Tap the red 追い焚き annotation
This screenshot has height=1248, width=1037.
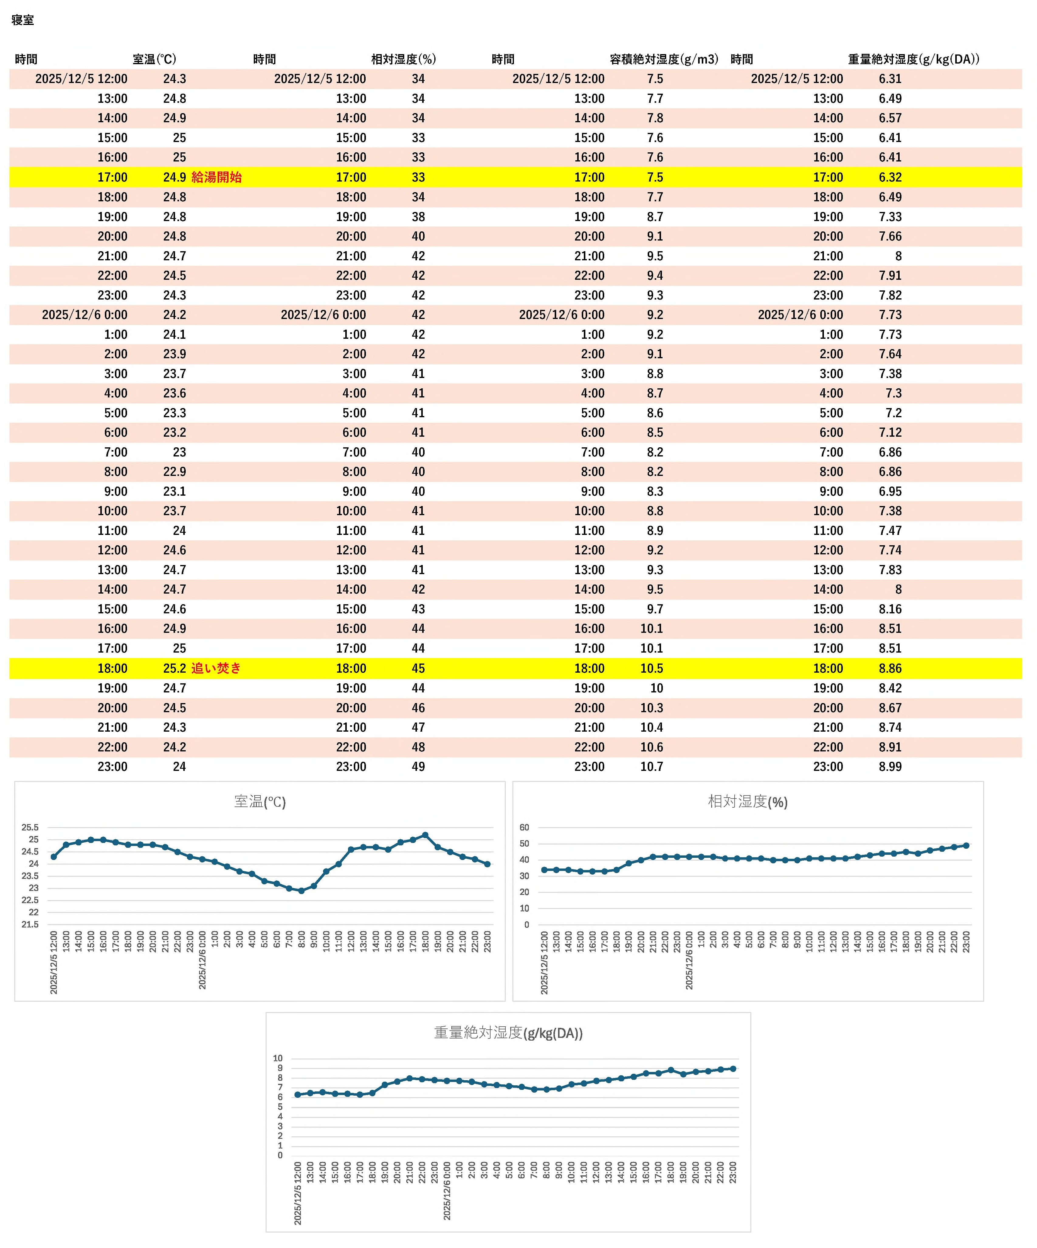(216, 668)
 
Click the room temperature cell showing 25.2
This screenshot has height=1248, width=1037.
(175, 668)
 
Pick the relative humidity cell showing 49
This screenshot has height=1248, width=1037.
(418, 767)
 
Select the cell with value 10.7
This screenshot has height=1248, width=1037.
(652, 767)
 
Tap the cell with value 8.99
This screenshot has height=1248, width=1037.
(890, 767)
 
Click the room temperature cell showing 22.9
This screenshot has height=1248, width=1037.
(175, 472)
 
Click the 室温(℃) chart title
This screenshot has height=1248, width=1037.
(260, 802)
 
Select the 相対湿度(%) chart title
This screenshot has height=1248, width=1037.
(747, 802)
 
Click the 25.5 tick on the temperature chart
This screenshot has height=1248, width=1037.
(30, 827)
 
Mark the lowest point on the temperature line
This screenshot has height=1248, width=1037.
(301, 891)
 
